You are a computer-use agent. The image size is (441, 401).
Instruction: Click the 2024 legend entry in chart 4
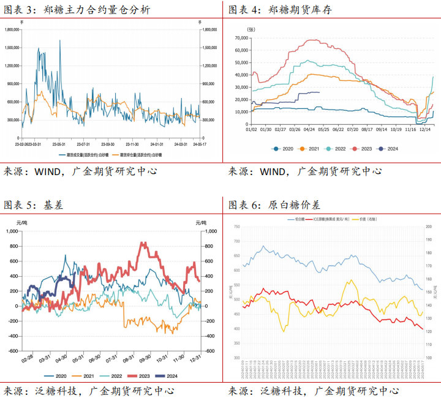coord(387,148)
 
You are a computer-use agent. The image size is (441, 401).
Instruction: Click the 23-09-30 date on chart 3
coord(107,144)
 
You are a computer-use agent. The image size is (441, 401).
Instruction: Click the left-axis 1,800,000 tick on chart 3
coord(12,29)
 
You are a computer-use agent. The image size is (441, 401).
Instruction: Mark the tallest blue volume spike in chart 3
coord(60,41)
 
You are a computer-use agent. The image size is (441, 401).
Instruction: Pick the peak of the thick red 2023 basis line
coord(143,244)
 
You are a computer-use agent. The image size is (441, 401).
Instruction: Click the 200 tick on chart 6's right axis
coord(429,227)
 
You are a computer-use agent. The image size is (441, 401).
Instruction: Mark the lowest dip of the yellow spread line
coord(284,331)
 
